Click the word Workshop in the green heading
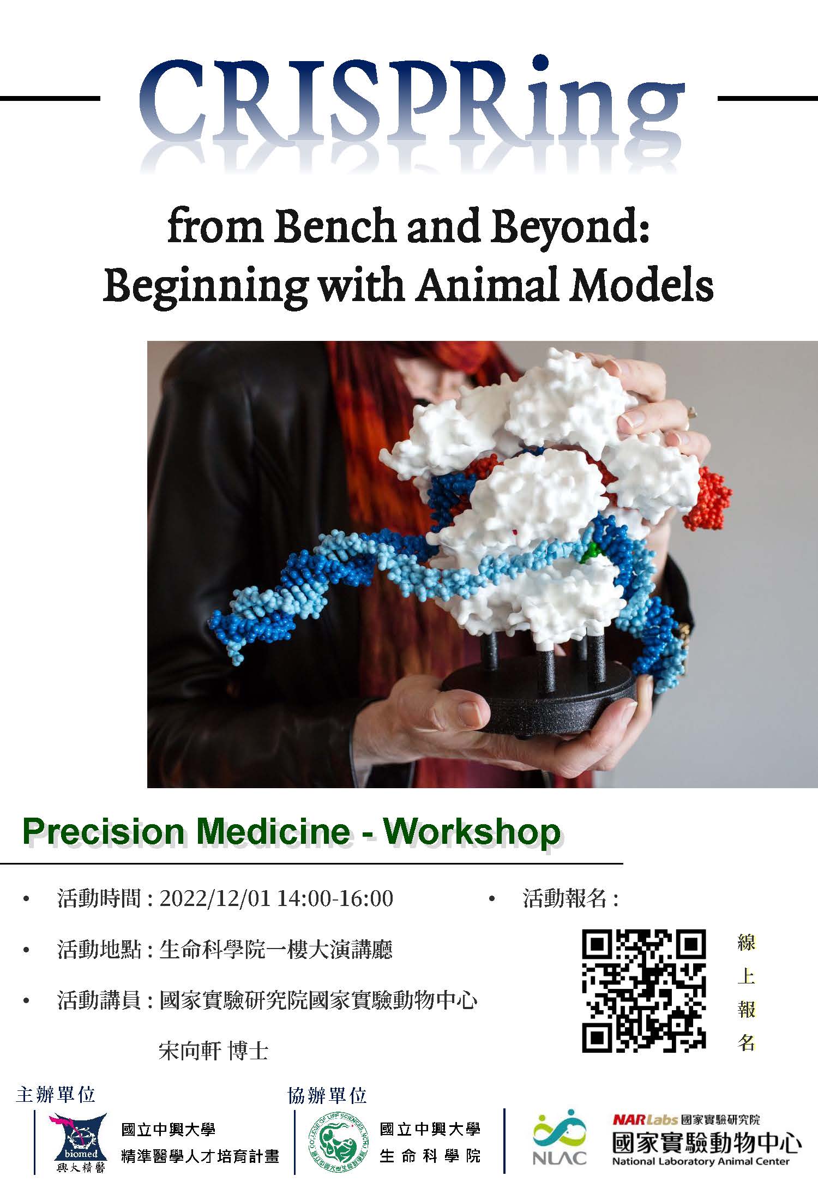pos(472,832)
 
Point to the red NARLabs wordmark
pos(644,1120)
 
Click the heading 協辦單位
pos(327,1095)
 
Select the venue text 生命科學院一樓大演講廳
pos(276,950)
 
